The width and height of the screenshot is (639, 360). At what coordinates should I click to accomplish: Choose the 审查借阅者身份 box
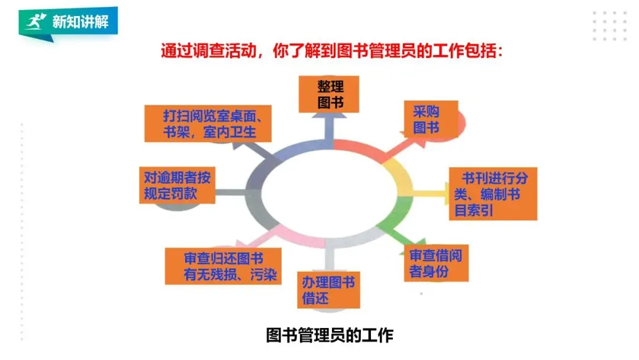(437, 263)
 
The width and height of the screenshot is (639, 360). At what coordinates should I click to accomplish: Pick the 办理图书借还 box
(328, 290)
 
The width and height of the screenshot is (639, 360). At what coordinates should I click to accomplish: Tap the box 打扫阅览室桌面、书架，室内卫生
(208, 123)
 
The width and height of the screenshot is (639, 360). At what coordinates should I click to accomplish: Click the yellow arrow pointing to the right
(429, 192)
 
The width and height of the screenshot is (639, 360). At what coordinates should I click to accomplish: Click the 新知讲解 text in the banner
(72, 22)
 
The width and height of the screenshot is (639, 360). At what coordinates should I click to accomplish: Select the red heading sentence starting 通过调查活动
(332, 51)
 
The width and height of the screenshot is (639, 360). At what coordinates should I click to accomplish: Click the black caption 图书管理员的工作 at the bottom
(329, 336)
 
